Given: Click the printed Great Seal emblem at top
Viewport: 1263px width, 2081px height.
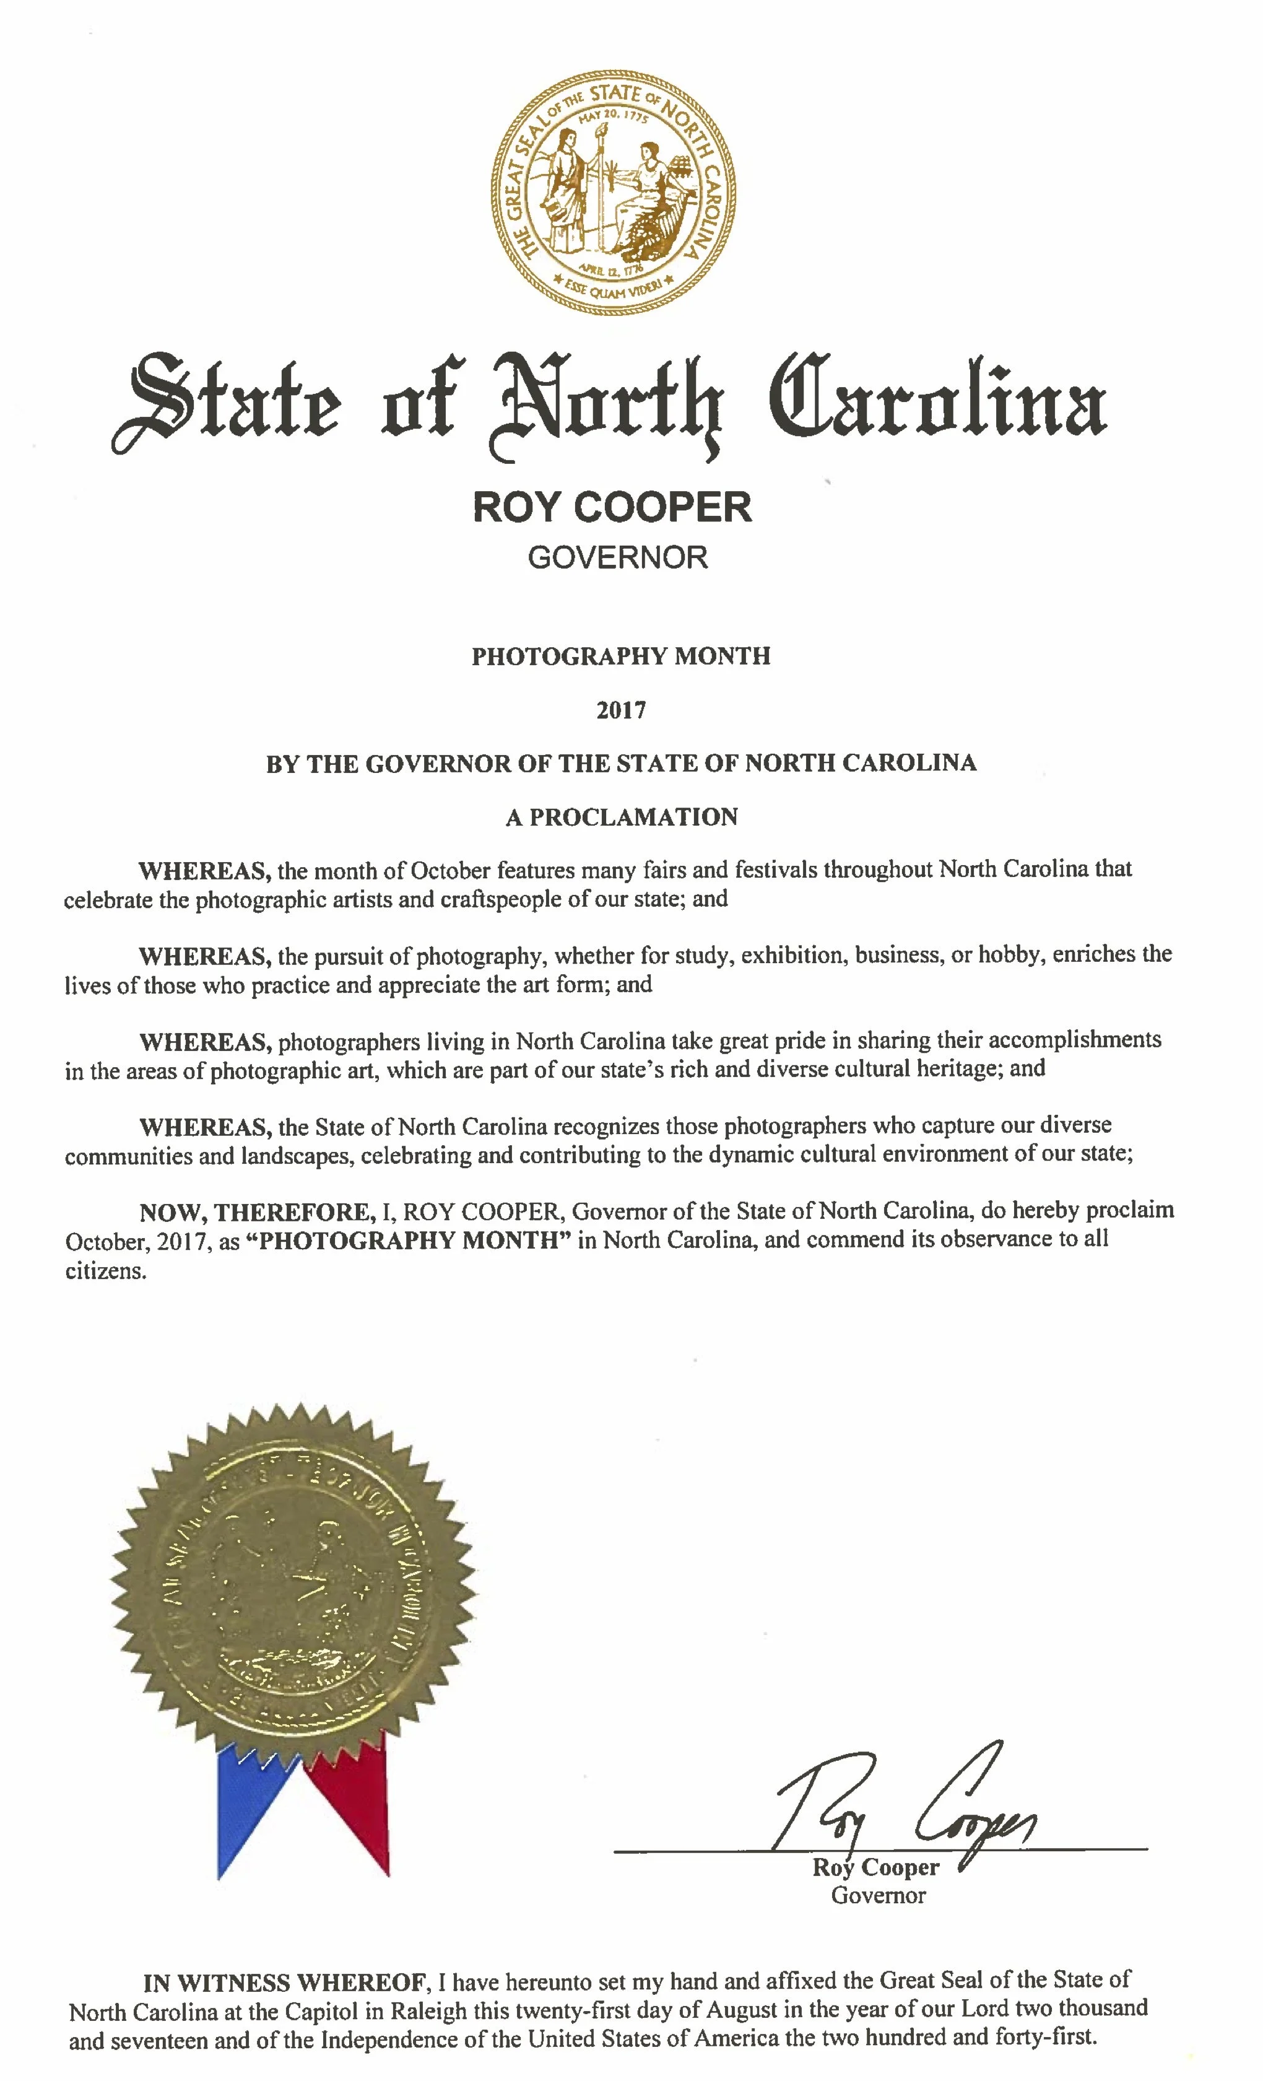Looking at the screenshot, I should point(613,193).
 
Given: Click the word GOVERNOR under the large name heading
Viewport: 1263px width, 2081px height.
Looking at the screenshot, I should point(618,557).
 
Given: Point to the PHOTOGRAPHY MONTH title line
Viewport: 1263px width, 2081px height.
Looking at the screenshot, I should point(620,657).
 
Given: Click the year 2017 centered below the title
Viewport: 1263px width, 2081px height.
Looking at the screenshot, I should point(620,710).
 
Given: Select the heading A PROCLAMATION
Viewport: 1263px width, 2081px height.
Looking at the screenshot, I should point(622,817).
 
